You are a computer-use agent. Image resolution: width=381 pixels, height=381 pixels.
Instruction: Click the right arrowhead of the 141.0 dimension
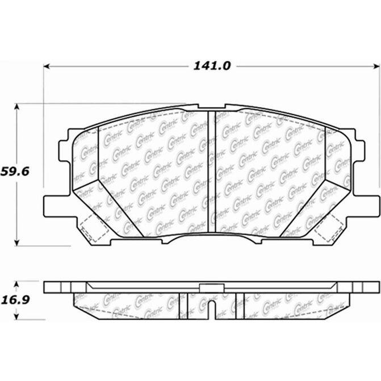coord(377,66)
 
